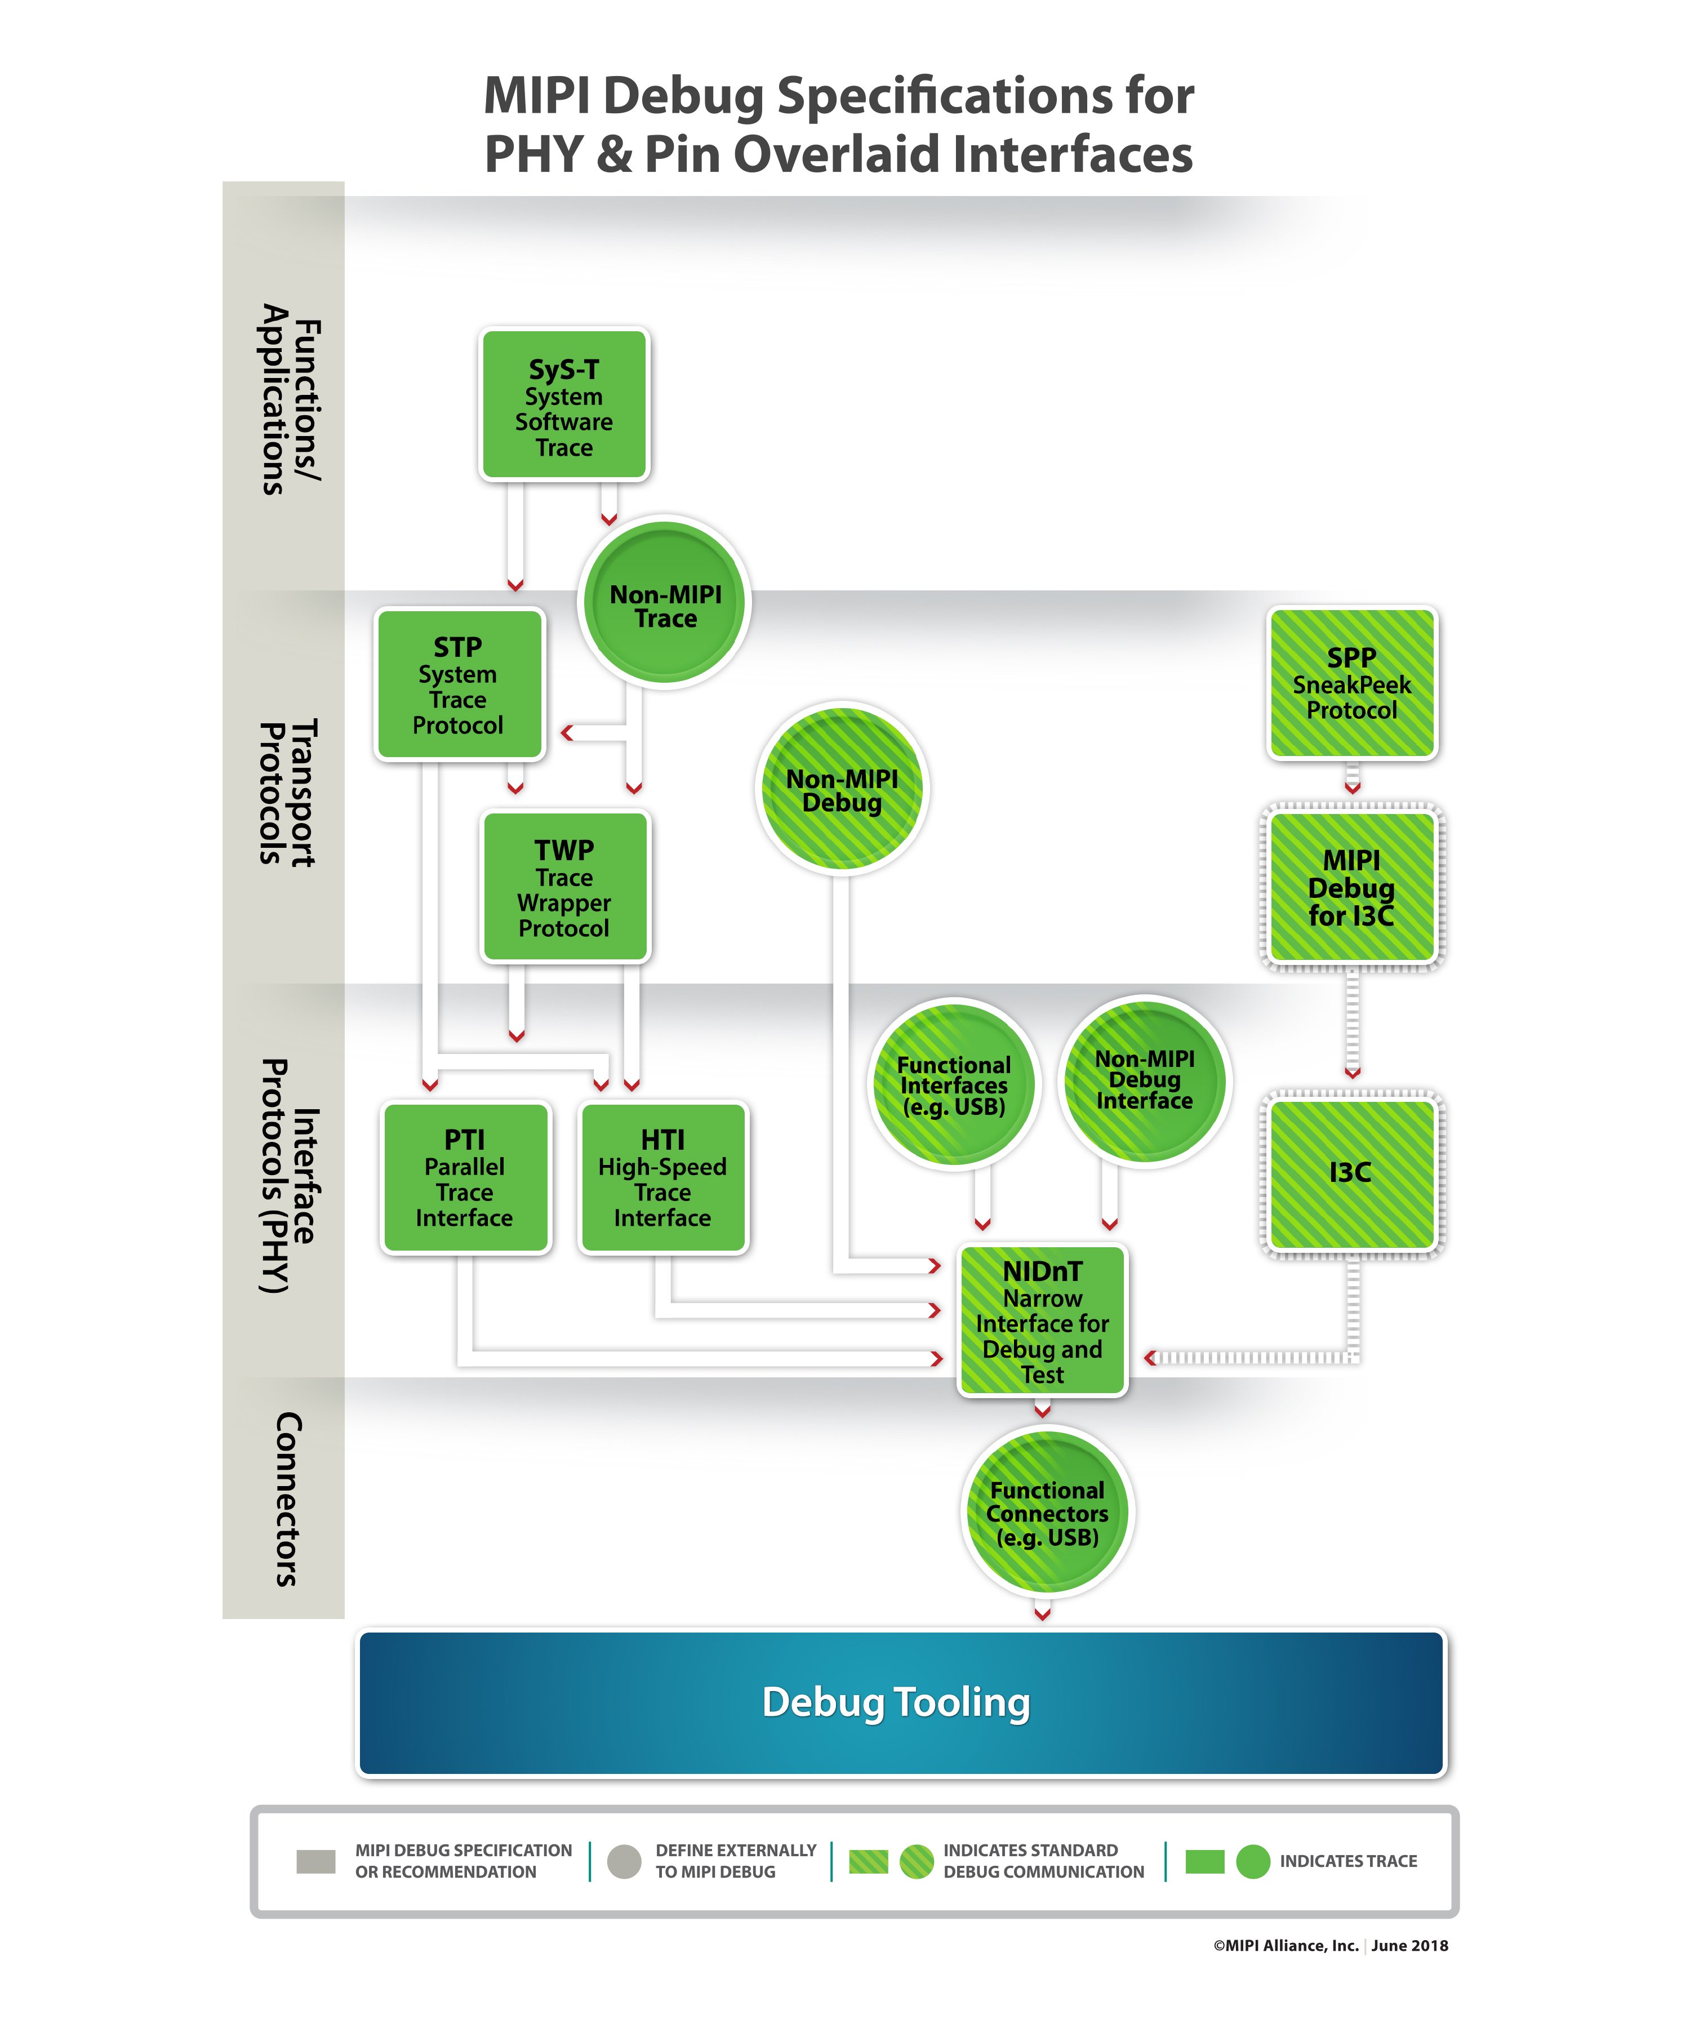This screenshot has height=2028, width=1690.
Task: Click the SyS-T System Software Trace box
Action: (564, 404)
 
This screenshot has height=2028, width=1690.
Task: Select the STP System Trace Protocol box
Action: (459, 684)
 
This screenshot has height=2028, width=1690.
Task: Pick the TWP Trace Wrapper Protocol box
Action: (565, 887)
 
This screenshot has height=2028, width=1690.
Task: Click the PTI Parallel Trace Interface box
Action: (465, 1177)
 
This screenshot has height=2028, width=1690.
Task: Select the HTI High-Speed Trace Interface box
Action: (662, 1177)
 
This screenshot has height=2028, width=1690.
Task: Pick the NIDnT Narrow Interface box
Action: (1042, 1320)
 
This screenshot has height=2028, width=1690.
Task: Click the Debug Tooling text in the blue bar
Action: (896, 1702)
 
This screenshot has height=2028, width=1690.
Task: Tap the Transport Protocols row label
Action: (287, 792)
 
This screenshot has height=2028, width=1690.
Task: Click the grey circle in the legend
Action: (624, 1861)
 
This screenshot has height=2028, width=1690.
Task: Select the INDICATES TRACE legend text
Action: (1348, 1861)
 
